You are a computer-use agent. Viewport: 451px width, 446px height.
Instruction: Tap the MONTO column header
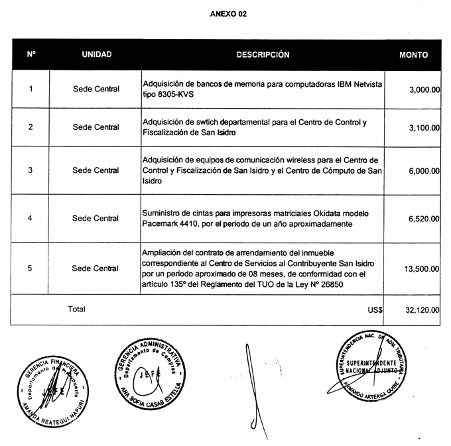[x=414, y=56]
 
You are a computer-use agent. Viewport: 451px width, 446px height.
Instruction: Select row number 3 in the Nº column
[x=31, y=170]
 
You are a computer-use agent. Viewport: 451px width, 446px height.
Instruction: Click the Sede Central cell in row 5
[x=96, y=268]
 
